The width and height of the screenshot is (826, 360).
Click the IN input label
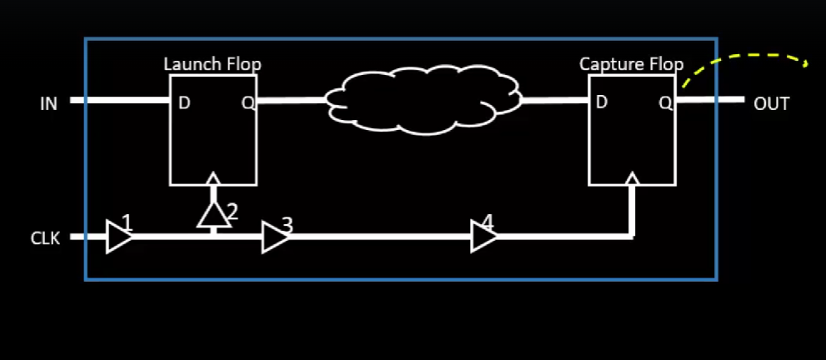(x=48, y=104)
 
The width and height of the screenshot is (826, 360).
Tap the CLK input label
(x=45, y=239)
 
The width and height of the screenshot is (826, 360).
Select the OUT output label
(x=771, y=104)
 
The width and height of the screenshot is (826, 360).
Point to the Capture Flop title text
(x=631, y=64)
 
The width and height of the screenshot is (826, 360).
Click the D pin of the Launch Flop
(x=183, y=103)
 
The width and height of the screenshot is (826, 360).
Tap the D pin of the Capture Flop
(x=601, y=102)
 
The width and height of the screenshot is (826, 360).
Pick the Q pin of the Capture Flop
(x=665, y=102)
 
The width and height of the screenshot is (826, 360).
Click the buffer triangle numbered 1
(x=118, y=237)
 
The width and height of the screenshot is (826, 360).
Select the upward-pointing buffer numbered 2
(x=213, y=215)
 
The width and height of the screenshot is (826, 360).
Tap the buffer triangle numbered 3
(x=274, y=237)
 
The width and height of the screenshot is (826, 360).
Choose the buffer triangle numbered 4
(x=483, y=237)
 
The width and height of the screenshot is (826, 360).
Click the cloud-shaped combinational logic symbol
(x=423, y=100)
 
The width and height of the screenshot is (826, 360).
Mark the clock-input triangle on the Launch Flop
(x=213, y=178)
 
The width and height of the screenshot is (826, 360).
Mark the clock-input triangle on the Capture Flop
(x=633, y=178)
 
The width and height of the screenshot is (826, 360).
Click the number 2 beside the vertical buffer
(x=233, y=212)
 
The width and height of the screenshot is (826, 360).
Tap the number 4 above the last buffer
(x=488, y=222)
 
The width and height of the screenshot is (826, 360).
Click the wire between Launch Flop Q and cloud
(x=292, y=101)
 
